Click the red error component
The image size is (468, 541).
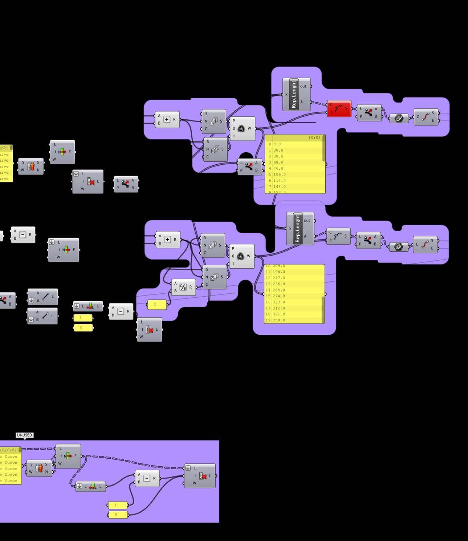pyautogui.click(x=339, y=109)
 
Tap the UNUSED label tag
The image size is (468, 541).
pyautogui.click(x=24, y=435)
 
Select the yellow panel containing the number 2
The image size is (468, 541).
pyautogui.click(x=157, y=304)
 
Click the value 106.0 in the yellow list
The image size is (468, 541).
pyautogui.click(x=279, y=174)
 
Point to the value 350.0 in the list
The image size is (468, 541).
pyautogui.click(x=278, y=320)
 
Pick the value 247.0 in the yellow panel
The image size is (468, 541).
pyautogui.click(x=278, y=278)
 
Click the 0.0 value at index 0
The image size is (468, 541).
pyautogui.click(x=277, y=144)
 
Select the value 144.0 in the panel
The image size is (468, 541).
pyautogui.click(x=279, y=186)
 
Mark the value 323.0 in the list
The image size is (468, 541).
pyautogui.click(x=278, y=302)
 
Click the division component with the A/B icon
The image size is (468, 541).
pyautogui.click(x=183, y=287)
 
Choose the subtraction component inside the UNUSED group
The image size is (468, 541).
pyautogui.click(x=147, y=478)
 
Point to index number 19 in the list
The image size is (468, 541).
pyautogui.click(x=268, y=320)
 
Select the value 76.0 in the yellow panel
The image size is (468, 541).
pyautogui.click(x=278, y=168)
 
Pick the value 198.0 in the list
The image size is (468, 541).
pyautogui.click(x=278, y=272)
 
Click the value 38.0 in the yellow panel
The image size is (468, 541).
pyautogui.click(x=278, y=156)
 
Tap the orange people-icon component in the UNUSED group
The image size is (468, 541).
pyautogui.click(x=39, y=468)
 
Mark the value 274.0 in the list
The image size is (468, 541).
pyautogui.click(x=278, y=296)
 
